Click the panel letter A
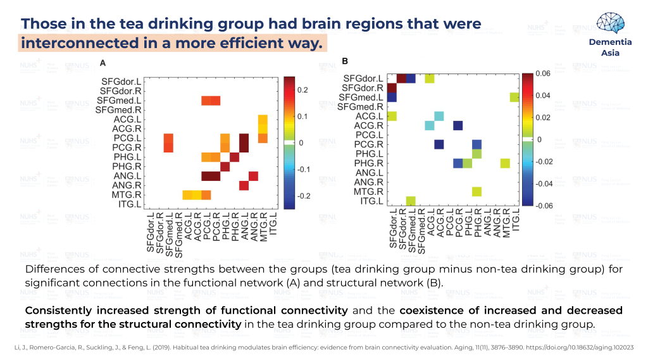103,63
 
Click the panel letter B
345,61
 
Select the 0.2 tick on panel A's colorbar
301,90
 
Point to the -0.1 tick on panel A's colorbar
301,169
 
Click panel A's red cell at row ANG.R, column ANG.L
244,185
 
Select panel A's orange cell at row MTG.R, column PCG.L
206,194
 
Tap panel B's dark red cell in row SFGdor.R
391,87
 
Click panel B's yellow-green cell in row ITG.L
410,201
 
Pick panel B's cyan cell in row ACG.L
439,116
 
